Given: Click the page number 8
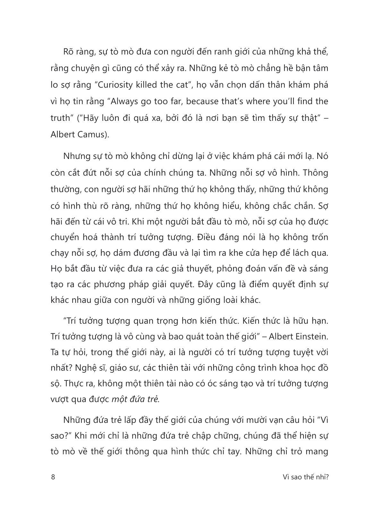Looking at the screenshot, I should [53, 477].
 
